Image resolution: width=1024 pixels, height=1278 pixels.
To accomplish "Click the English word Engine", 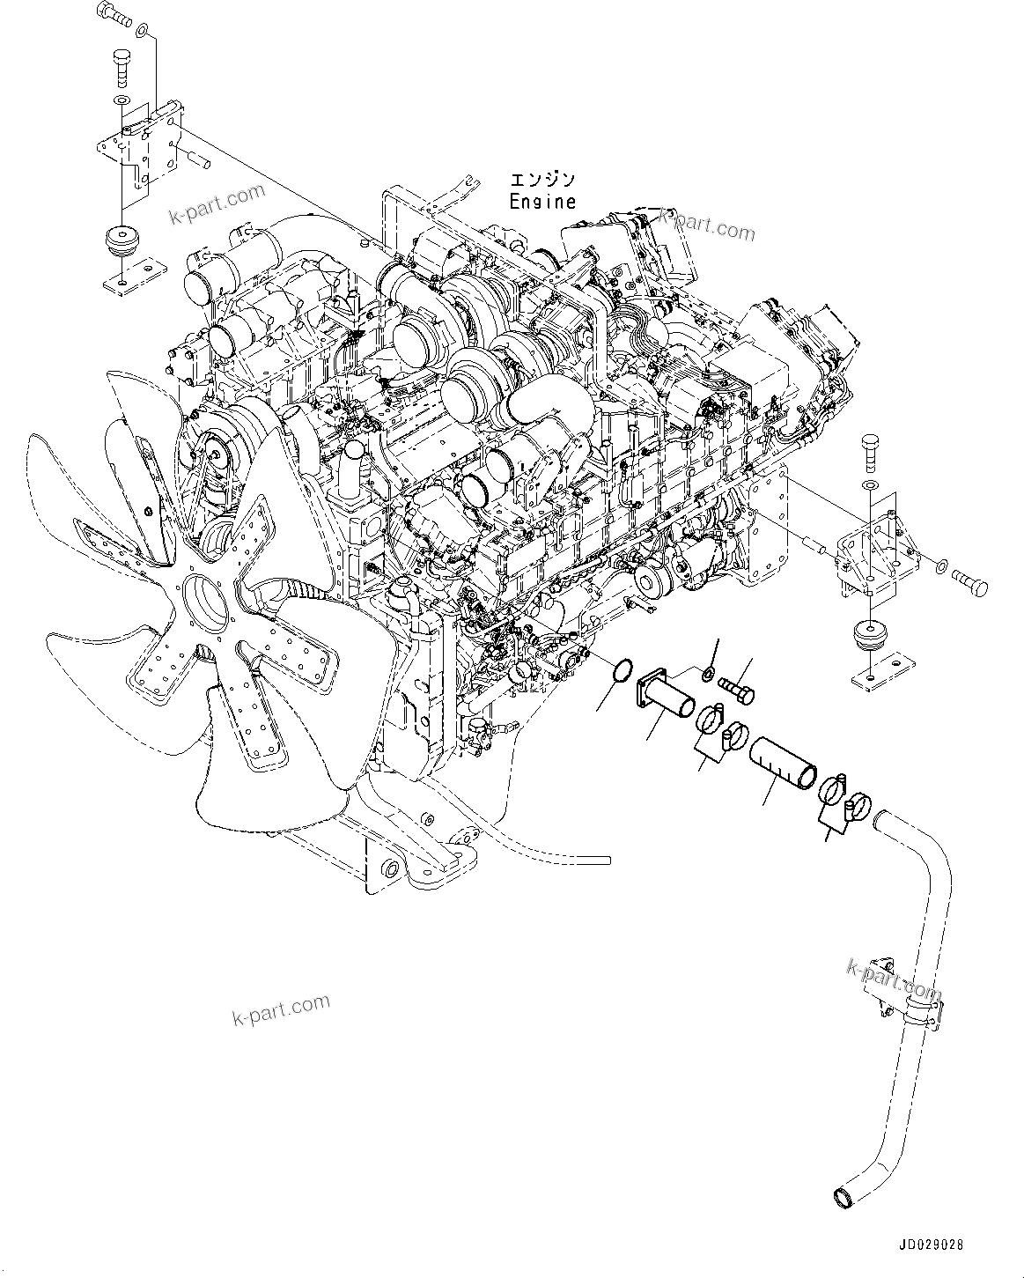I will pos(542,201).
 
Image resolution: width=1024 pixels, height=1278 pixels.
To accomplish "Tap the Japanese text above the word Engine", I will pos(542,180).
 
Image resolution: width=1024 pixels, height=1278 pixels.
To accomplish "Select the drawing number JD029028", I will pos(931,1245).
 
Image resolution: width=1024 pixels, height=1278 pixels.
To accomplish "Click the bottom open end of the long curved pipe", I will pos(844,1197).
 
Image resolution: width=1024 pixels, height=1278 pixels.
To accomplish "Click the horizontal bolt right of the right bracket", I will pos(969,585).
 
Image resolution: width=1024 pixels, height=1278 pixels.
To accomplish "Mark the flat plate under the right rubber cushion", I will pos(878,670).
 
